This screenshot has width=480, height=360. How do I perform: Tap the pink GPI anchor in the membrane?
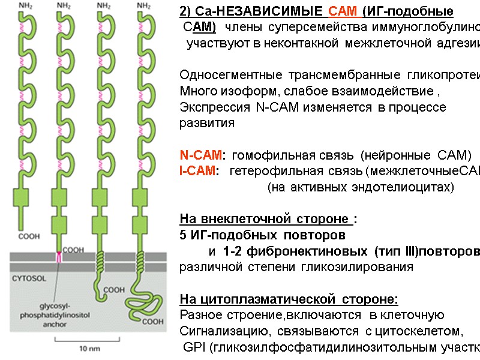pos(59,258)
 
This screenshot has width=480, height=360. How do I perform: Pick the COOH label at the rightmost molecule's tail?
pos(154,321)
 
